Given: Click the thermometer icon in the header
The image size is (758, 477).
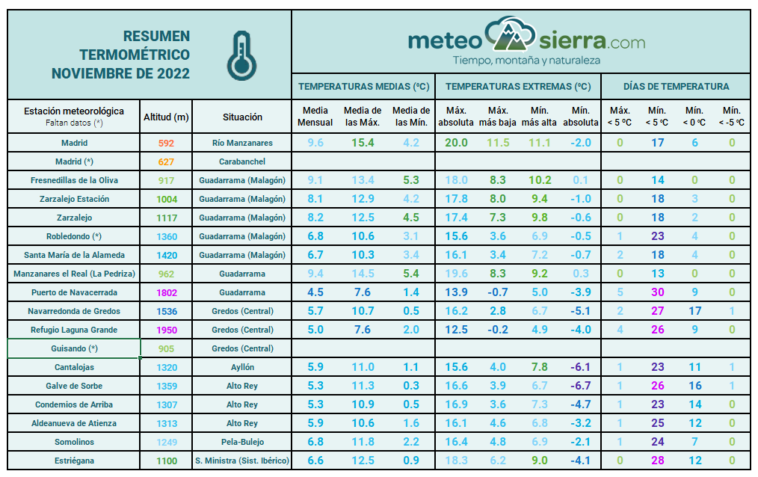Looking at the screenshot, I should point(239,56).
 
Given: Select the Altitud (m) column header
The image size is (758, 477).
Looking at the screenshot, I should point(166,117).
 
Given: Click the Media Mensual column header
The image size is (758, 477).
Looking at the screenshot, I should point(315,117).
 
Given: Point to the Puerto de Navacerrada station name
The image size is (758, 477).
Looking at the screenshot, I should point(74,292).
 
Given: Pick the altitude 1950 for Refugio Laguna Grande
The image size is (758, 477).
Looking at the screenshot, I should point(166,330).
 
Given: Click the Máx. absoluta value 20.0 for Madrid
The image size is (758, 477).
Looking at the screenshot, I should point(456,143).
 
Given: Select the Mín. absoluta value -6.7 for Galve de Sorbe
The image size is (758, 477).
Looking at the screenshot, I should point(581,386).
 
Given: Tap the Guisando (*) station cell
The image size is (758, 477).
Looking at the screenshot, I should point(74,348).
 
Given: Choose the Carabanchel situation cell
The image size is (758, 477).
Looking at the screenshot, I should point(241,161).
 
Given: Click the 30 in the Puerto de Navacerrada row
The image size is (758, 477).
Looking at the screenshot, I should point(658,292).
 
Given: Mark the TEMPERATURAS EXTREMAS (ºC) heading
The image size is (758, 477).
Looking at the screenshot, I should point(517,86).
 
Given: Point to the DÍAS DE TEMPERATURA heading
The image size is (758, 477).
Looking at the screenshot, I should point(676,86).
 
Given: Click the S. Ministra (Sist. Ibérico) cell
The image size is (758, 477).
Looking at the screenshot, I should point(241,461).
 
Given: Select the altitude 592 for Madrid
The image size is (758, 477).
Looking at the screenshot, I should point(166,143).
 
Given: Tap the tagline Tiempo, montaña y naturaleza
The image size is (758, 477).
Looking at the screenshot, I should point(526,60).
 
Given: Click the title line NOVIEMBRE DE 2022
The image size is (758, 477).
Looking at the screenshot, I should point(120,73).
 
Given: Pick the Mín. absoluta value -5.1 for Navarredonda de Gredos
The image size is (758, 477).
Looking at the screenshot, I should point(581,311).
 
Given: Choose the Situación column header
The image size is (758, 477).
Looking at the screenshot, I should point(242,117).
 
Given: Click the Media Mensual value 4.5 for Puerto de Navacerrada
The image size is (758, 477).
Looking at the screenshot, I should point(315,292).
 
